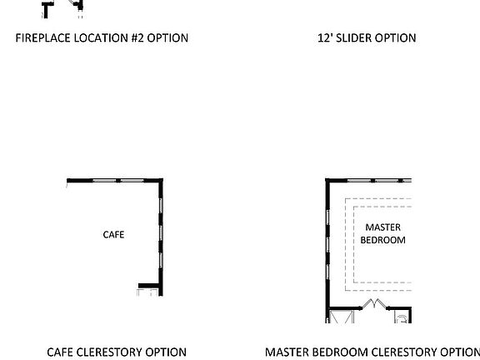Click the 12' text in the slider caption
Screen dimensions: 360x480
(x=325, y=37)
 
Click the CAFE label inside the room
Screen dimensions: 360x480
(x=113, y=234)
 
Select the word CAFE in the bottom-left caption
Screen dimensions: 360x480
(x=61, y=352)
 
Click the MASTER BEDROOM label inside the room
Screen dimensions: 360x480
(x=382, y=233)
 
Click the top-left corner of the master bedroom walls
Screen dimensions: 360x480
(x=327, y=181)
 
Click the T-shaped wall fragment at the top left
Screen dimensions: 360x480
(x=47, y=9)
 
